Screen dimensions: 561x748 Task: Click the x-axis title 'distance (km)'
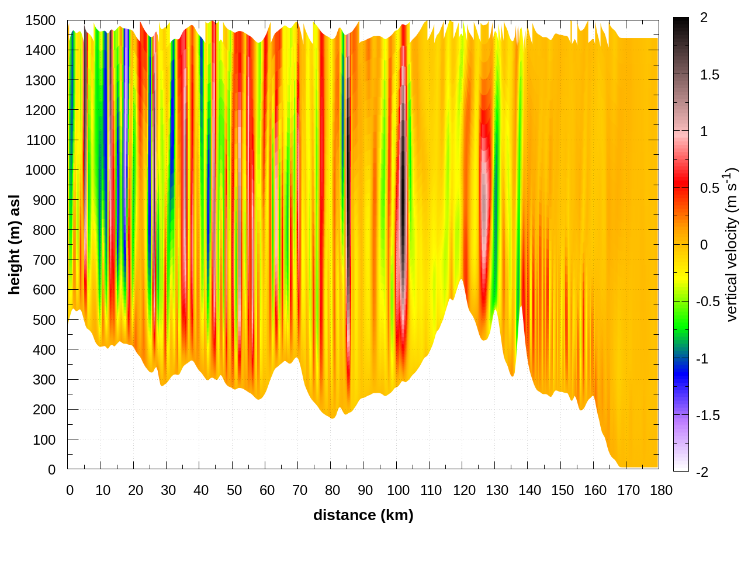(x=363, y=515)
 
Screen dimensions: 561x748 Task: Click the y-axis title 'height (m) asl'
(x=15, y=244)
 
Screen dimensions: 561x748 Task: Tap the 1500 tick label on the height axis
(x=40, y=20)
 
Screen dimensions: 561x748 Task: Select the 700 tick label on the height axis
(x=44, y=260)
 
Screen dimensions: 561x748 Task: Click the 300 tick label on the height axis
(x=44, y=380)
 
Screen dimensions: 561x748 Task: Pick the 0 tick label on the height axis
(x=51, y=469)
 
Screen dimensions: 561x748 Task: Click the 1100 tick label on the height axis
(x=40, y=140)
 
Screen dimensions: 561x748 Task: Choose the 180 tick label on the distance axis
(x=661, y=490)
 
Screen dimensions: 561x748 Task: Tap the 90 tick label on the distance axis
(x=365, y=490)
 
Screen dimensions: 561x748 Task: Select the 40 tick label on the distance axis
(x=201, y=490)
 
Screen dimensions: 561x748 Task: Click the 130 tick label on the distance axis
(x=497, y=490)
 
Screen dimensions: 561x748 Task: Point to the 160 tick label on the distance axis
(x=595, y=490)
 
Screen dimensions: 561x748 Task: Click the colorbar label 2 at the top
(x=704, y=18)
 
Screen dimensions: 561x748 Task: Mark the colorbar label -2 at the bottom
(x=702, y=472)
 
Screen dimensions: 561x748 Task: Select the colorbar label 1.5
(x=709, y=75)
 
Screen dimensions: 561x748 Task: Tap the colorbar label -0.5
(x=708, y=302)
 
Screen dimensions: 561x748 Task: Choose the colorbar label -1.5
(x=708, y=415)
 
